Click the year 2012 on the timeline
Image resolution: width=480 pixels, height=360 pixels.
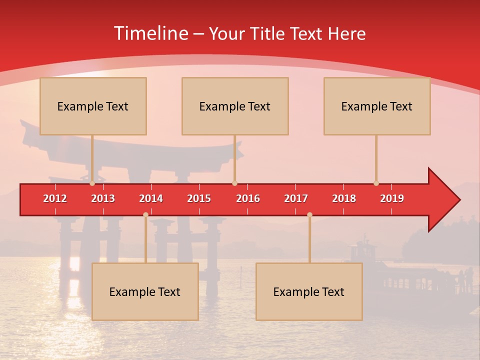55,198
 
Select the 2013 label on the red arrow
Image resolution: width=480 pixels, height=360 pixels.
103,198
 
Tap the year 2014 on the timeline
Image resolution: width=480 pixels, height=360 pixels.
151,198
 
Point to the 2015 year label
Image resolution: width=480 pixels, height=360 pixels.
199,198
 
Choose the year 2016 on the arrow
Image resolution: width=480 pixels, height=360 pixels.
248,198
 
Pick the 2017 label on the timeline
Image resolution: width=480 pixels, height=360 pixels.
296,198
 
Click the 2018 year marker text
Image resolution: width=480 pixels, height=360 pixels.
344,198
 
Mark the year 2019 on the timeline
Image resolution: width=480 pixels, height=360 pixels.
392,198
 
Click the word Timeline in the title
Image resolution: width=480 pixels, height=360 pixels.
150,33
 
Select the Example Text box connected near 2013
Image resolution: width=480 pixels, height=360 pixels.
93,106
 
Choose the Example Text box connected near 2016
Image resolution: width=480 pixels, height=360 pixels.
235,106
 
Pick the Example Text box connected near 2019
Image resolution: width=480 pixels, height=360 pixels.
377,106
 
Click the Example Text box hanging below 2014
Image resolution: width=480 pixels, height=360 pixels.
145,291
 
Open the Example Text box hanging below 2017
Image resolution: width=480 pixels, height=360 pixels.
309,291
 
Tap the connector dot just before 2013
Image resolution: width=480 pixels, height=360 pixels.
92,183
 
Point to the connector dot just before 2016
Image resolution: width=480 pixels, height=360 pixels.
234,183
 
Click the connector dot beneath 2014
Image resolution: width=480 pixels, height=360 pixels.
145,215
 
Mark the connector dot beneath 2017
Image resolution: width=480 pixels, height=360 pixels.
309,215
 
